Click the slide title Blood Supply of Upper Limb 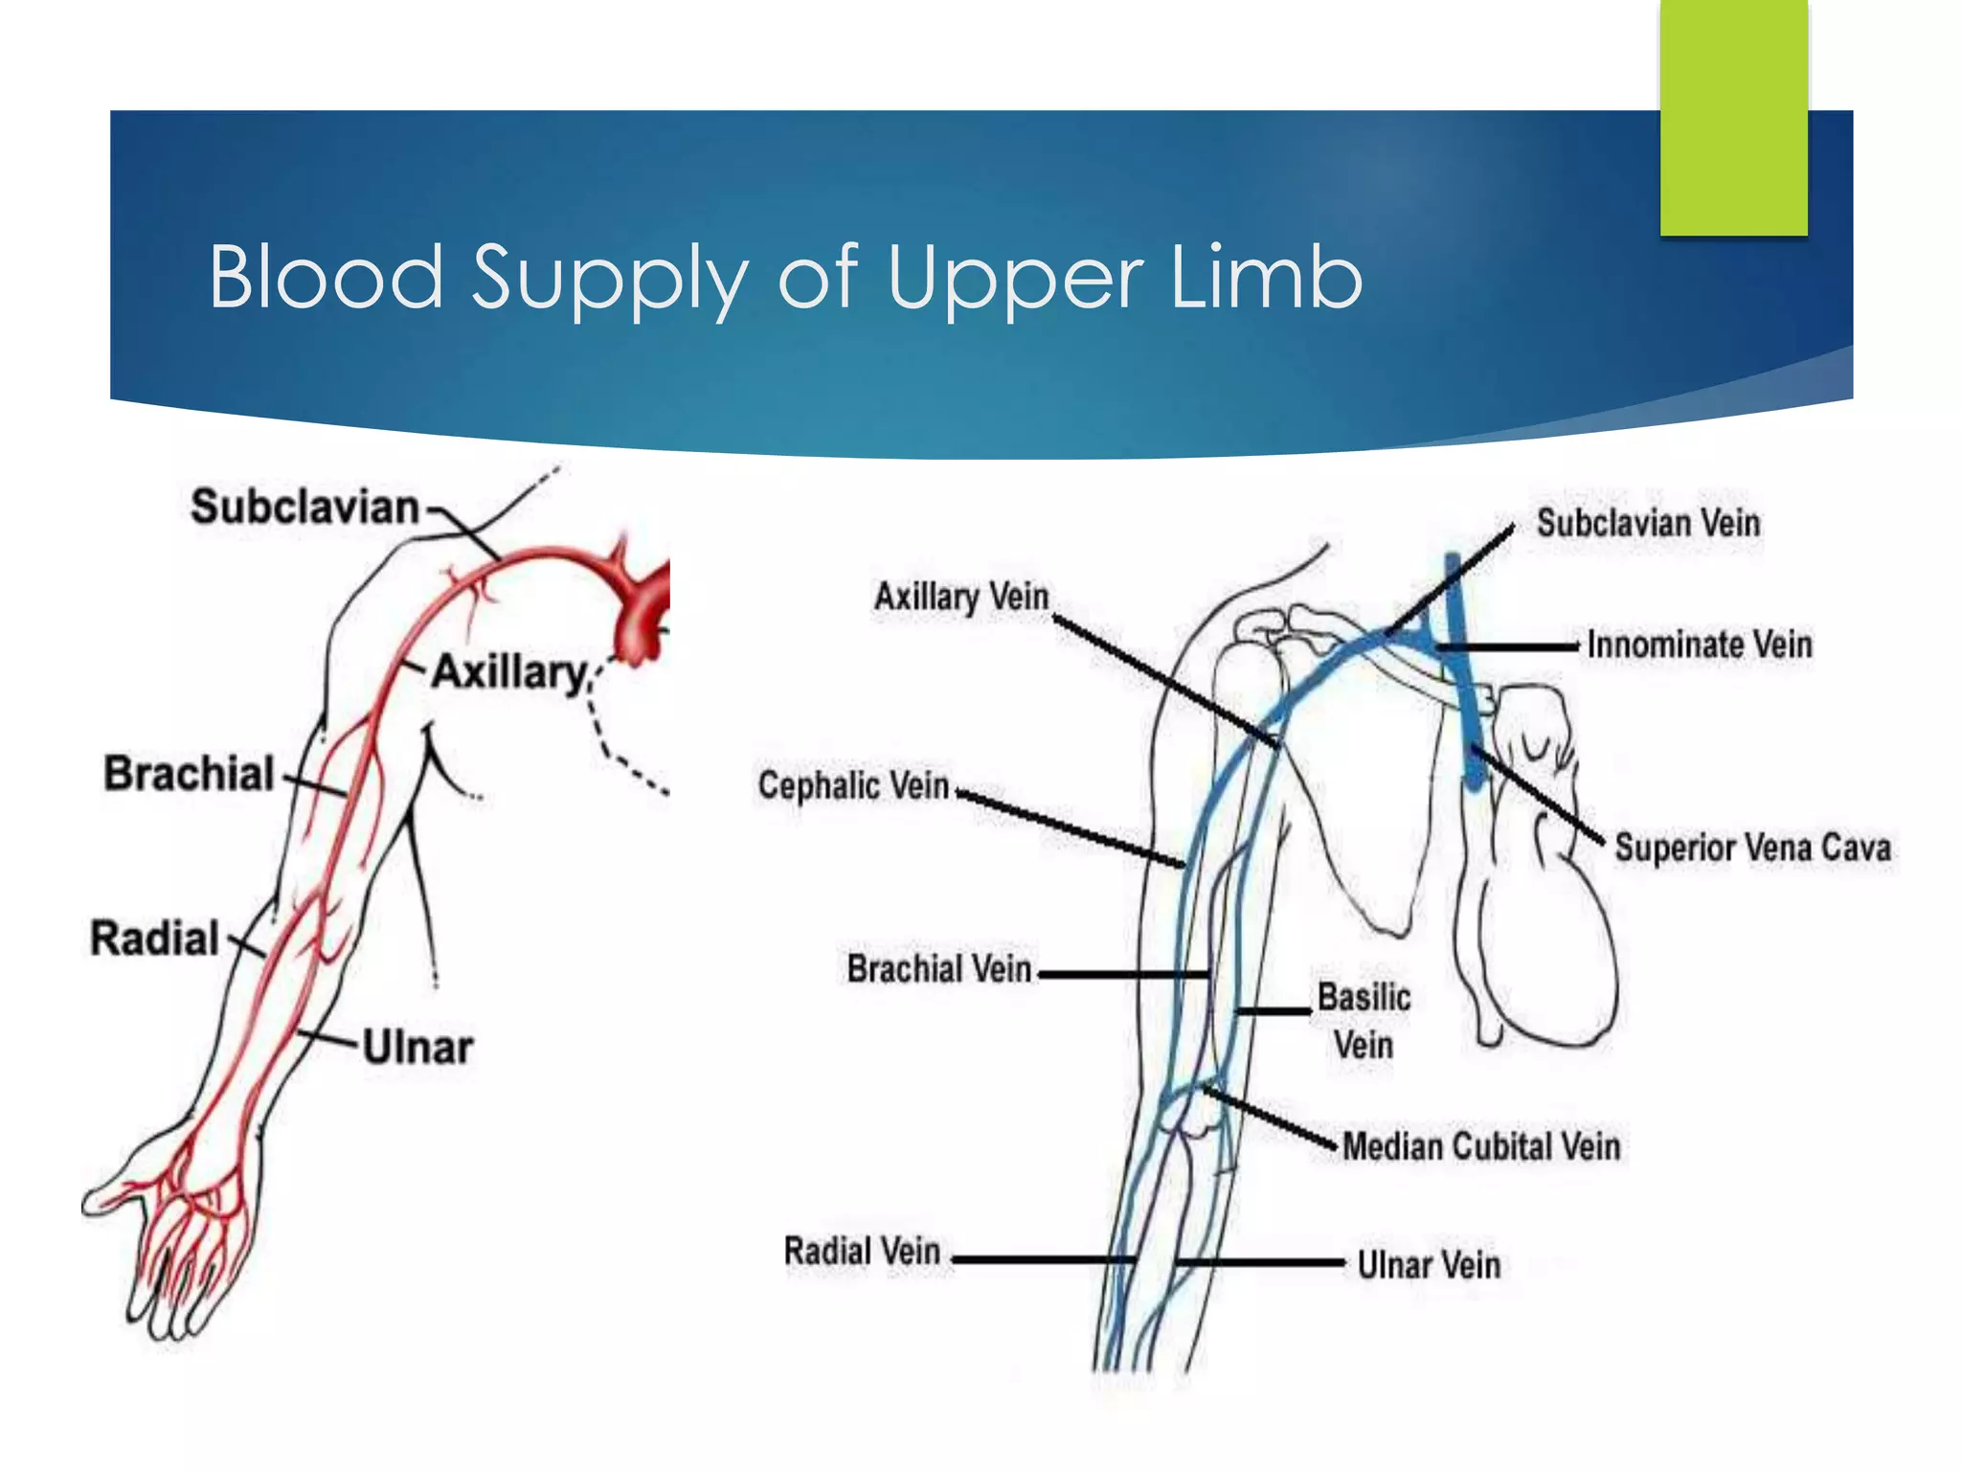click(785, 278)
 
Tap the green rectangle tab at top click(1733, 120)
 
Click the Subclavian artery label click(304, 507)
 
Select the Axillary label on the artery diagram click(509, 672)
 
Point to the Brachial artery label click(190, 774)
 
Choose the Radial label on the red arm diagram click(155, 939)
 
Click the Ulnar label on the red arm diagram click(417, 1048)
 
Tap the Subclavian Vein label click(1648, 523)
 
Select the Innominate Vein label click(1699, 645)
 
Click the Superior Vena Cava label click(1752, 848)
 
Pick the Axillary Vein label click(961, 597)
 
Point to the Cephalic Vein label click(853, 785)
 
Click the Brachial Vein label click(938, 968)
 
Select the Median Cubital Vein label click(1480, 1146)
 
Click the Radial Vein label click(862, 1251)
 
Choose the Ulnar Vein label click(1429, 1265)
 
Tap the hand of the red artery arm click(182, 1235)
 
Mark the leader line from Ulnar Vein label click(1264, 1263)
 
